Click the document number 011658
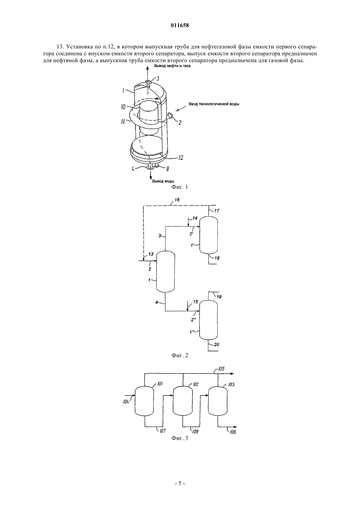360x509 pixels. [180, 26]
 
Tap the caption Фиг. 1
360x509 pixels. [180, 187]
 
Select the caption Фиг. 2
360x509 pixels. [180, 355]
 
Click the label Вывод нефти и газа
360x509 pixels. [172, 66]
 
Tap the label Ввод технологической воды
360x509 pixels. [214, 104]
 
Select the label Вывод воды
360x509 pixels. [163, 181]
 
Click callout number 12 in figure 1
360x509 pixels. [180, 157]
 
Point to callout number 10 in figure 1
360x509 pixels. [123, 107]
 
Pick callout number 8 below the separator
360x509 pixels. [168, 169]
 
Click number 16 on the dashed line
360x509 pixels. [177, 200]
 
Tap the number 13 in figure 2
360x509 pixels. [151, 254]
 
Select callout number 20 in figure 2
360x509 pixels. [217, 345]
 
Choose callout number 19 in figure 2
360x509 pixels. [219, 297]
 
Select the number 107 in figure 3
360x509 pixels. [163, 430]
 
